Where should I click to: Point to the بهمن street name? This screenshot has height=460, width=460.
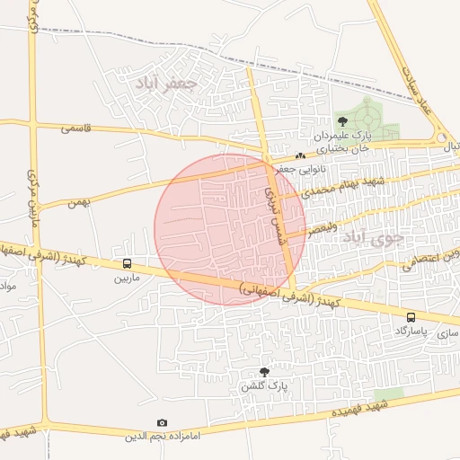78,203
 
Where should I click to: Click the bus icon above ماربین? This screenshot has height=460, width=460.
127,263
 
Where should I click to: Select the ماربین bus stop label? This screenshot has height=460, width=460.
127,278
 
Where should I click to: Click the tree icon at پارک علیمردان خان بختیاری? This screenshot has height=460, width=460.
341,119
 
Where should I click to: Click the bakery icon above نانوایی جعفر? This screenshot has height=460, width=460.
300,155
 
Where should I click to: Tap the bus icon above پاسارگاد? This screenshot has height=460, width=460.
411,317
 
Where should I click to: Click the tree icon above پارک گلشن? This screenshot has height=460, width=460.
264,371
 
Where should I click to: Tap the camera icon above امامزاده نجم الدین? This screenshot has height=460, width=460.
162,422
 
